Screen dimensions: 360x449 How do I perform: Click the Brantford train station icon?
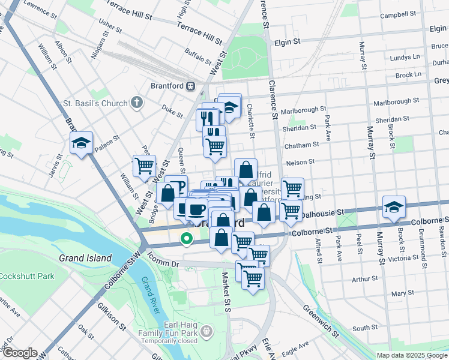tap(191, 86)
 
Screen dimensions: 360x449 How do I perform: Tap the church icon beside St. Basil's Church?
tap(137, 103)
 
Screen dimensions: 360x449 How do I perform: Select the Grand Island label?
tap(85, 258)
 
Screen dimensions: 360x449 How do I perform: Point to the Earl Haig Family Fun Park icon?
tap(207, 331)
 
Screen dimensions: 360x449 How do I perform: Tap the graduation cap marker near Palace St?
tap(81, 143)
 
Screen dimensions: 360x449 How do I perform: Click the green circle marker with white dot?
tap(187, 239)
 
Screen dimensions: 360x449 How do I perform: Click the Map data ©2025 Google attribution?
tap(411, 355)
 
